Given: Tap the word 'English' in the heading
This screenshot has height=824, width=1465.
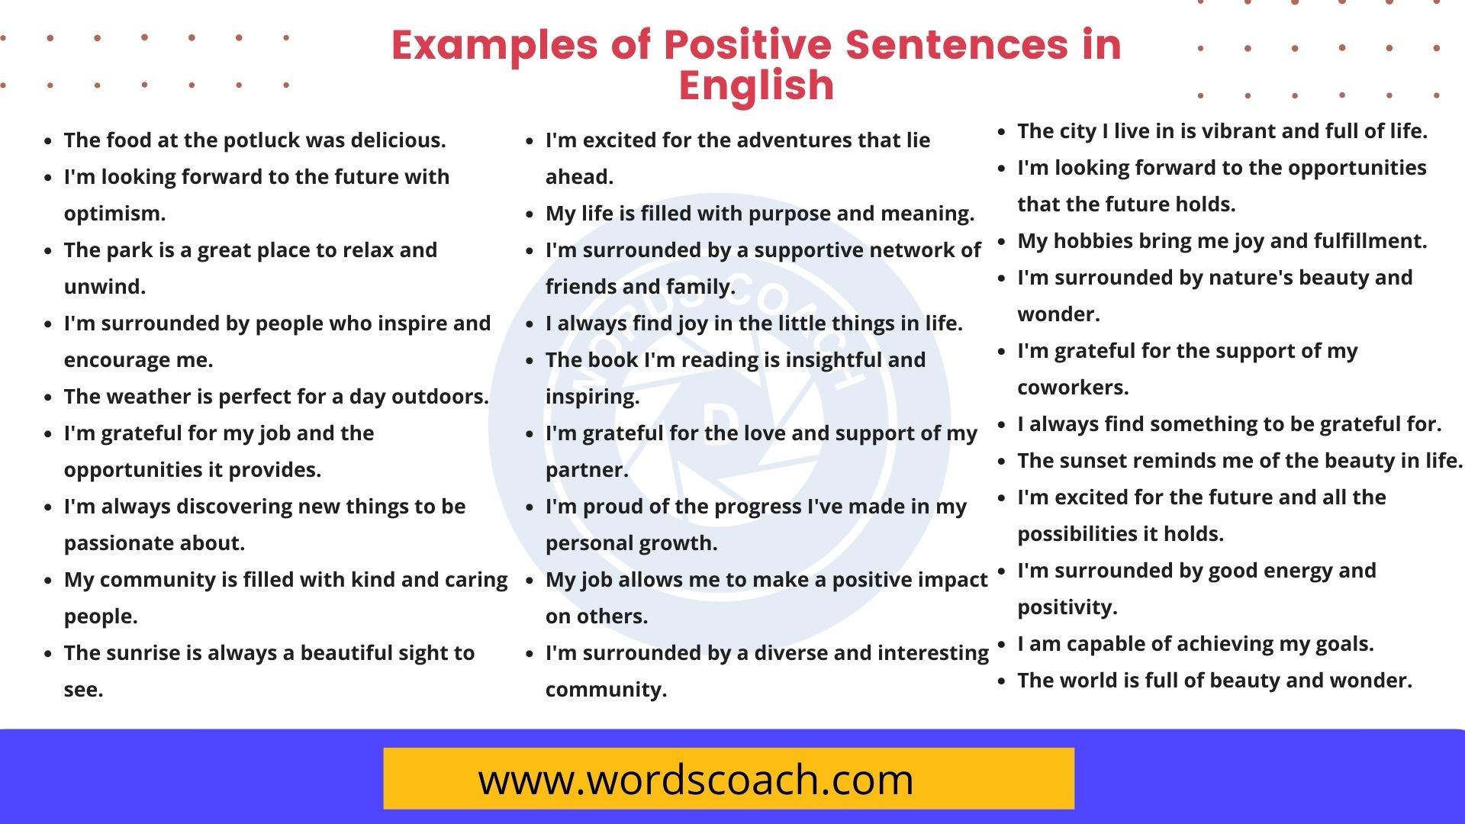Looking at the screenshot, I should (756, 85).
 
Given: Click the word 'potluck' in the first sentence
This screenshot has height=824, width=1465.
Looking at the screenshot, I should (262, 140).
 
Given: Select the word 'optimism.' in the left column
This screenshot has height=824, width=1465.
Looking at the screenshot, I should (114, 214).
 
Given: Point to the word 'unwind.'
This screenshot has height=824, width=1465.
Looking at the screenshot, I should (105, 287).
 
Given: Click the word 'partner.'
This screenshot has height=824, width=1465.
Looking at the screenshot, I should (587, 470).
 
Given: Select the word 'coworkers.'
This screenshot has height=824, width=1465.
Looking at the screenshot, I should (1073, 388).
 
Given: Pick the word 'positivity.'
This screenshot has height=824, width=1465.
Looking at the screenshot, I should (1067, 607).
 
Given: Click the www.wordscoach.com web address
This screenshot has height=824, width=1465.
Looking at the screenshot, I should (695, 780).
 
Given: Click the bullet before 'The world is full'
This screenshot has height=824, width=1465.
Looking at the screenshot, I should (1002, 681).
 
